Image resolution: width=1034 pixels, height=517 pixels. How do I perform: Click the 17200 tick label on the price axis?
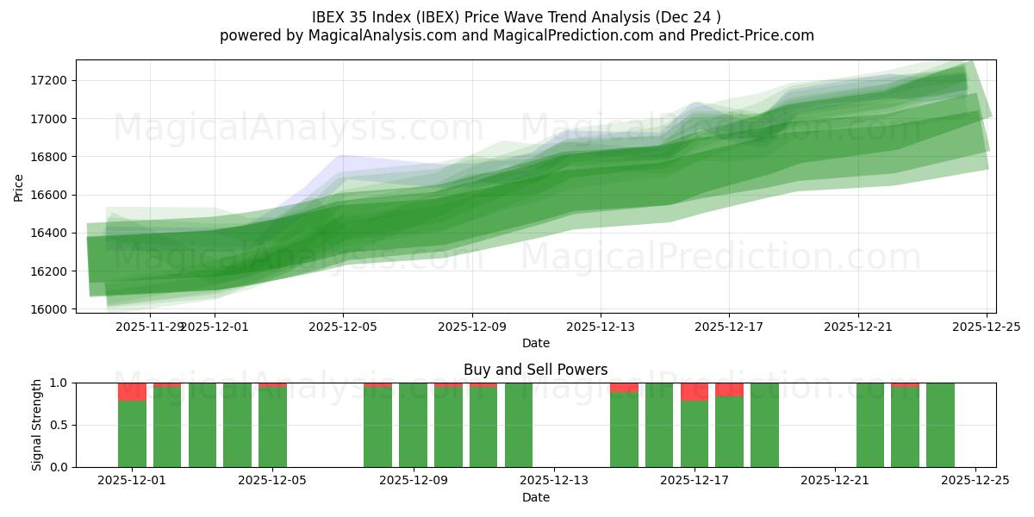[x=50, y=81]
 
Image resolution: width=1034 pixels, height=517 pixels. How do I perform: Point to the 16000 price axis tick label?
[x=50, y=309]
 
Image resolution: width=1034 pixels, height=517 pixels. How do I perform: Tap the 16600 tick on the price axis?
[x=50, y=195]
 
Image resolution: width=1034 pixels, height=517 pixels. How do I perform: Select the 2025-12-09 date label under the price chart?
[x=471, y=327]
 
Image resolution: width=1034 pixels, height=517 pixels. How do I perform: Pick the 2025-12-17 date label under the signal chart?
[x=695, y=481]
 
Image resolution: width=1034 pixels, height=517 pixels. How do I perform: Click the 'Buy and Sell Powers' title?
[x=535, y=370]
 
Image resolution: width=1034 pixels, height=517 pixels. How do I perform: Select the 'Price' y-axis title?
[x=19, y=187]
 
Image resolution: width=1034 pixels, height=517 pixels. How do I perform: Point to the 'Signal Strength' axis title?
[x=37, y=425]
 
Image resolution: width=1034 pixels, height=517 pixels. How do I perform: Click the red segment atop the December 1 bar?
[x=132, y=392]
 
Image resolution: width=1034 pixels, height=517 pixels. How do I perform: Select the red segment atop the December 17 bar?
[x=695, y=392]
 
